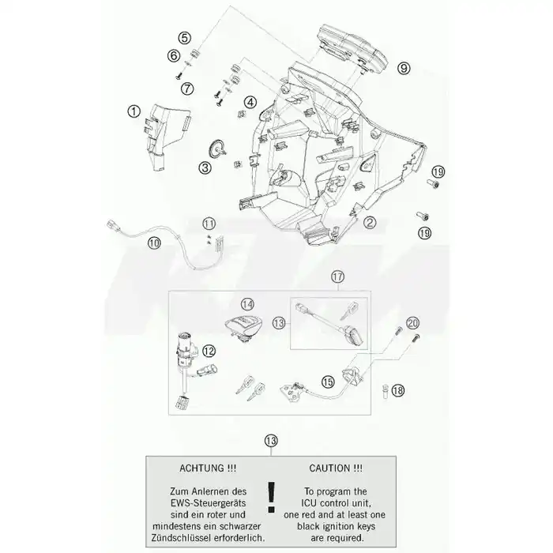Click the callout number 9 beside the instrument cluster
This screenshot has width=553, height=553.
(404, 68)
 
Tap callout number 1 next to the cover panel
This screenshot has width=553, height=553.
(134, 111)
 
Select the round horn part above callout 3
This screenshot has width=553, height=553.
(215, 149)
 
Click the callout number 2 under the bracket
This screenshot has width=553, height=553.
(370, 223)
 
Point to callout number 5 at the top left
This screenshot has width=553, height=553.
(184, 38)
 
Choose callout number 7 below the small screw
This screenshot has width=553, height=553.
(187, 88)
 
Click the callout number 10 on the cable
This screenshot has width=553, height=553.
(154, 243)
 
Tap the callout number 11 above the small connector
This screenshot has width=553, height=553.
(209, 224)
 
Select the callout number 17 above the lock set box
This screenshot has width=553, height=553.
(337, 276)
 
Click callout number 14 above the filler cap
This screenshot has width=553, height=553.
(247, 304)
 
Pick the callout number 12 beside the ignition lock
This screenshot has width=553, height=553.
(209, 351)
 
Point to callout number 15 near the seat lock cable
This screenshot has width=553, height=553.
(328, 382)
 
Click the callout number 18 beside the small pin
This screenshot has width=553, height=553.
(398, 390)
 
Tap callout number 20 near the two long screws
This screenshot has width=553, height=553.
(412, 323)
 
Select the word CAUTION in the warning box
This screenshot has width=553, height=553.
(330, 468)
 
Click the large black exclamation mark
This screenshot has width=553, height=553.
(271, 497)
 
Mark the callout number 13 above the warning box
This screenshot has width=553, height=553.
(271, 441)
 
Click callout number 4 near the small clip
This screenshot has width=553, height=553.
(250, 103)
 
